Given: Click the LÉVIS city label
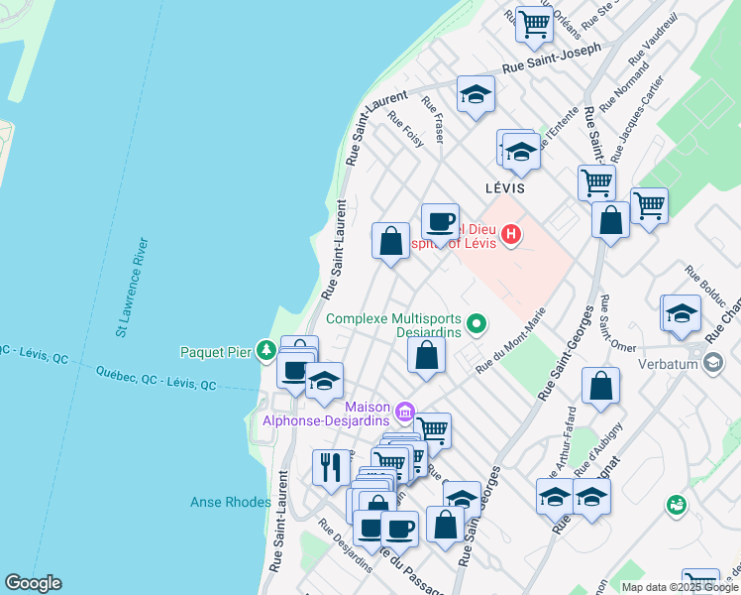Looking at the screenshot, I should [x=505, y=187].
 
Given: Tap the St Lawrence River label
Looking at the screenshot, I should [x=134, y=288].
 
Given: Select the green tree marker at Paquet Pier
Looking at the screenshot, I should [x=266, y=350].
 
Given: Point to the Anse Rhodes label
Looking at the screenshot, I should [x=230, y=503].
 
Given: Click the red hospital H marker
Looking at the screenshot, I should [x=511, y=235].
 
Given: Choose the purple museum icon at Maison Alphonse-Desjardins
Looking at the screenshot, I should [x=404, y=412].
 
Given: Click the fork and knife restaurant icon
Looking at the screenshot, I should [x=328, y=465].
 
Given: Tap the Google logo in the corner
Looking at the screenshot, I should [x=33, y=583].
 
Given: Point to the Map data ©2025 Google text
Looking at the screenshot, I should [x=679, y=587].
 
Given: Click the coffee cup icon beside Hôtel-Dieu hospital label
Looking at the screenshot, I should [x=440, y=220].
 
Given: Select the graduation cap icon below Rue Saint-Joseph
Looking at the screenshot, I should [x=476, y=95].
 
